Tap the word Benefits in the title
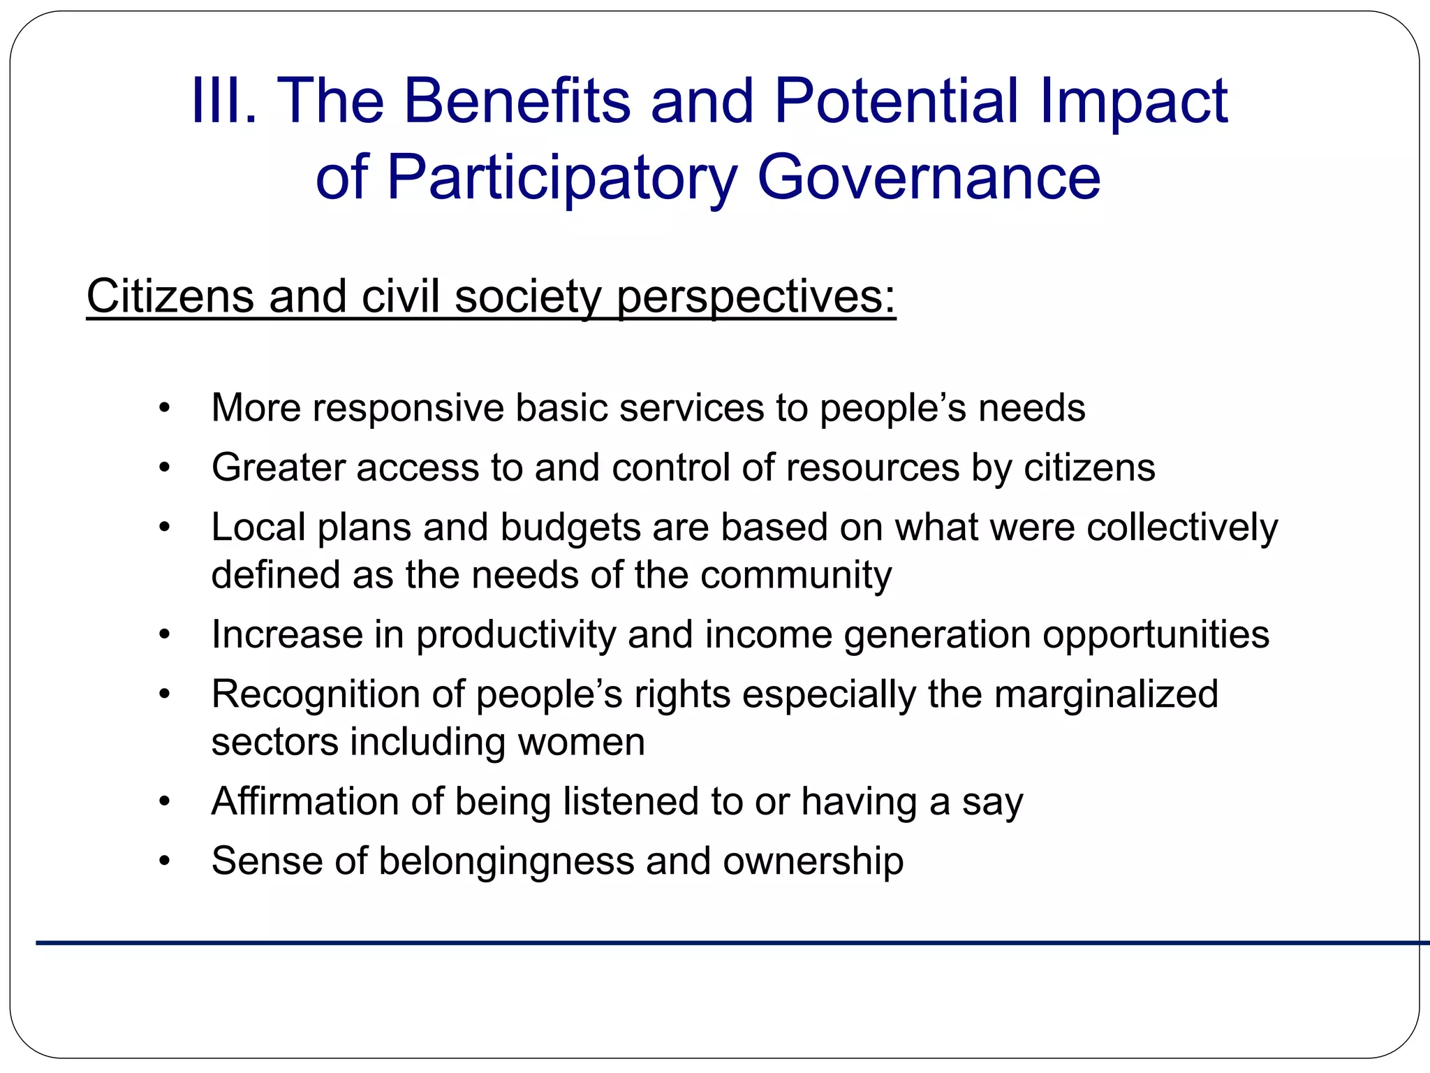pyautogui.click(x=517, y=101)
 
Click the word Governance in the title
pyautogui.click(x=928, y=177)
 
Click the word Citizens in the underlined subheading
pyautogui.click(x=170, y=296)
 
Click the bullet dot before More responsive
pyautogui.click(x=164, y=408)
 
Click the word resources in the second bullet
pyautogui.click(x=873, y=467)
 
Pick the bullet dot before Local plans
pyautogui.click(x=164, y=527)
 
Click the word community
pyautogui.click(x=795, y=575)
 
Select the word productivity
pyautogui.click(x=516, y=635)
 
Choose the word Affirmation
pyautogui.click(x=305, y=801)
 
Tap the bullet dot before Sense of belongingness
pyautogui.click(x=164, y=861)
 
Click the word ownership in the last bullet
pyautogui.click(x=813, y=861)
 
